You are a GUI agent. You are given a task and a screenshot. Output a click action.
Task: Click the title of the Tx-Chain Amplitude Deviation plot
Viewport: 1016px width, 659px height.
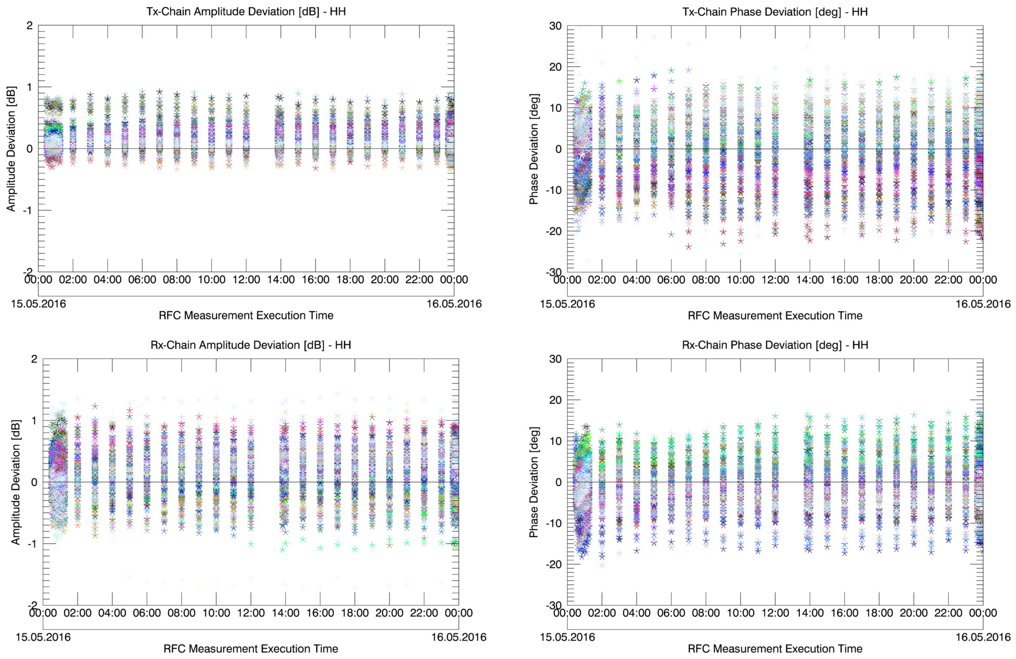[246, 11]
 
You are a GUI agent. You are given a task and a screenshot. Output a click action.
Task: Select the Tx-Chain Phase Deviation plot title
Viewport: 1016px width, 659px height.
[775, 11]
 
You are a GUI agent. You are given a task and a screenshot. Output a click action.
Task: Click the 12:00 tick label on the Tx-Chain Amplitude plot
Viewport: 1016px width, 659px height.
[246, 280]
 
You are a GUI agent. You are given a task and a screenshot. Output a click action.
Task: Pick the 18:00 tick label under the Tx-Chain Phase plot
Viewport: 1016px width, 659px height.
[879, 280]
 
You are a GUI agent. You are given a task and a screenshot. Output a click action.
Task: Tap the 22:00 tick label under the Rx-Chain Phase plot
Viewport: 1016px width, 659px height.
[949, 613]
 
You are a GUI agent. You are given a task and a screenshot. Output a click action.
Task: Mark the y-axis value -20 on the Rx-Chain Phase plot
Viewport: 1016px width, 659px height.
[554, 564]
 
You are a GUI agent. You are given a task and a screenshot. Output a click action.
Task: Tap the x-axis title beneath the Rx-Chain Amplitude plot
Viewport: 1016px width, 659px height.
[251, 649]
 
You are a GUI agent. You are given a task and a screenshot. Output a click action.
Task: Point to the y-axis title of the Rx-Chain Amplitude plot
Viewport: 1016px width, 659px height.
[15, 482]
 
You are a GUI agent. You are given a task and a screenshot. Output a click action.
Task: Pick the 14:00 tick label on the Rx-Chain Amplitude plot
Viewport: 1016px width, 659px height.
[286, 613]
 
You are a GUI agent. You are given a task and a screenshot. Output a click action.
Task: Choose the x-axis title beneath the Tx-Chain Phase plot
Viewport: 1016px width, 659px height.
[775, 316]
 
